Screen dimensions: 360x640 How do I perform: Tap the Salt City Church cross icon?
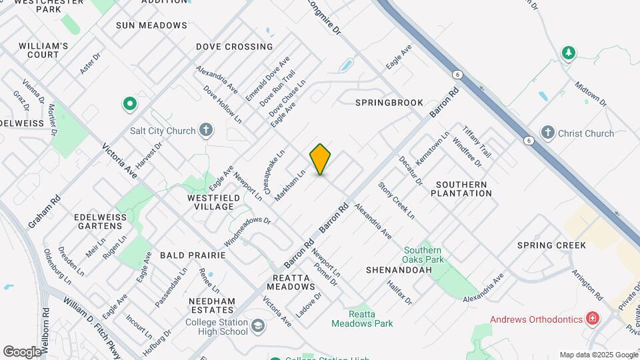pyautogui.click(x=207, y=130)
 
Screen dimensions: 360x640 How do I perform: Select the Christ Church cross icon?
pyautogui.click(x=549, y=133)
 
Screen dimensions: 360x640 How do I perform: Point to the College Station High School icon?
pyautogui.click(x=257, y=327)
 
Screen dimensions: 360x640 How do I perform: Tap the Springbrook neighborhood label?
pyautogui.click(x=389, y=103)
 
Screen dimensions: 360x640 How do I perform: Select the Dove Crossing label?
pyautogui.click(x=235, y=47)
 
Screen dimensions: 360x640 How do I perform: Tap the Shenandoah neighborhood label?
pyautogui.click(x=399, y=270)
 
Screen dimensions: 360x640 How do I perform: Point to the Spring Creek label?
pyautogui.click(x=551, y=245)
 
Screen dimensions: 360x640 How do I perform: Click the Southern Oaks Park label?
pyautogui.click(x=423, y=255)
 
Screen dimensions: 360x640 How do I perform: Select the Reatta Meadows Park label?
pyautogui.click(x=362, y=319)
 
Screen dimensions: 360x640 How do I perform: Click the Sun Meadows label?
pyautogui.click(x=151, y=25)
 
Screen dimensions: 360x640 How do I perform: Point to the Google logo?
pyautogui.click(x=22, y=351)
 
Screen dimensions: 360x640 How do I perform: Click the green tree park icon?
pyautogui.click(x=568, y=53)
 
